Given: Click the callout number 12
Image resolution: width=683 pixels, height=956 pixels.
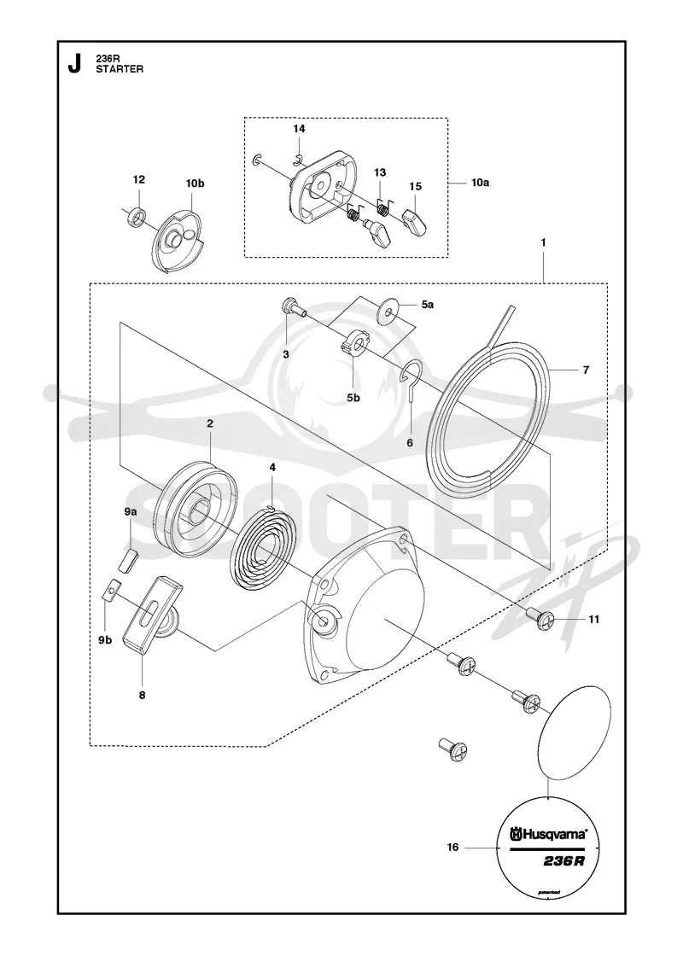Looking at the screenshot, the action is point(139,179).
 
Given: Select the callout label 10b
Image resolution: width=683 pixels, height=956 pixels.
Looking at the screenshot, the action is point(196,183).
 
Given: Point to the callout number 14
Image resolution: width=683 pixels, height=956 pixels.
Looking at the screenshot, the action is point(299,129).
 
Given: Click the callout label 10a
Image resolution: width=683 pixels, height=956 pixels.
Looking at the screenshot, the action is point(481,183).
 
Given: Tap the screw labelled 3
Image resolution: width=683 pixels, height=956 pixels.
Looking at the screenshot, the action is point(292,308).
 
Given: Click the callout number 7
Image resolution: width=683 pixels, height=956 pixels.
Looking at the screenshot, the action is point(586,370).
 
